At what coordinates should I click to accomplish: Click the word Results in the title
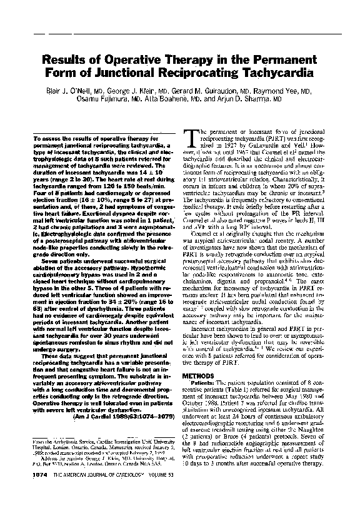click(67, 61)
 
